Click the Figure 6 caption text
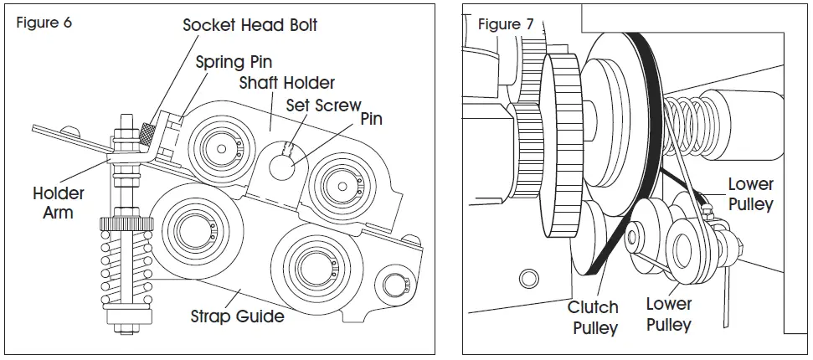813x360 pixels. pyautogui.click(x=44, y=23)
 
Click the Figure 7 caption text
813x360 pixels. pyautogui.click(x=505, y=23)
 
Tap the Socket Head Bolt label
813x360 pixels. pyautogui.click(x=250, y=24)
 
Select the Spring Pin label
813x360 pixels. pyautogui.click(x=234, y=62)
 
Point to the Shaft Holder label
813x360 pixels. pyautogui.click(x=286, y=83)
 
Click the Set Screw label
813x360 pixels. pyautogui.click(x=323, y=105)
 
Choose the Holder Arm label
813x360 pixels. pyautogui.click(x=59, y=203)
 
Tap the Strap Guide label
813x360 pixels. pyautogui.click(x=237, y=316)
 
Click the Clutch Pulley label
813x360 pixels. pyautogui.click(x=594, y=317)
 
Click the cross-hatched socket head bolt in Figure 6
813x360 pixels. pyautogui.click(x=148, y=132)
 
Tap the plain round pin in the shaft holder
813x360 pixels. pyautogui.click(x=281, y=165)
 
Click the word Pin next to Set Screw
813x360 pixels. pyautogui.click(x=371, y=119)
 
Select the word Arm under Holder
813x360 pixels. pyautogui.click(x=59, y=213)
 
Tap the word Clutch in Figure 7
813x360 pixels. pyautogui.click(x=594, y=307)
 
